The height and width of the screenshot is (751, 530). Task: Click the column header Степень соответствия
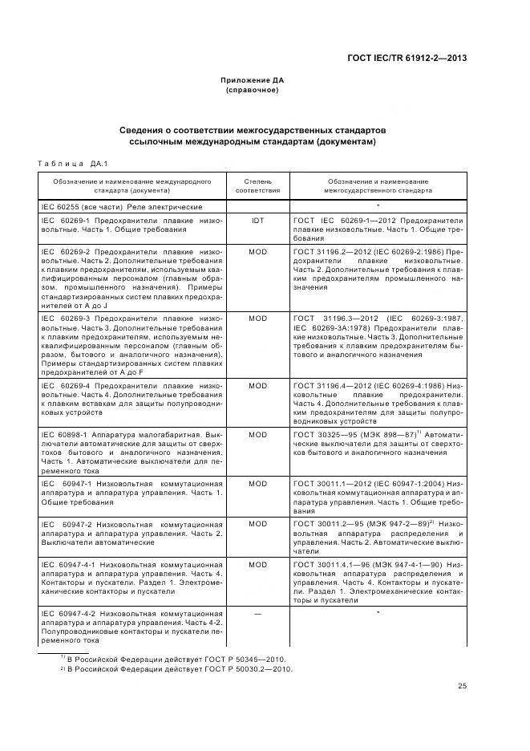[257, 186]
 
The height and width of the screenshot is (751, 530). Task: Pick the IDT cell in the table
[257, 220]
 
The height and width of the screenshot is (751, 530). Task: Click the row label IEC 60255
[61, 207]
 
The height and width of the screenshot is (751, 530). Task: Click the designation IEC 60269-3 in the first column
[64, 319]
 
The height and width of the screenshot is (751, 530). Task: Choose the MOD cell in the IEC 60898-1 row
[257, 434]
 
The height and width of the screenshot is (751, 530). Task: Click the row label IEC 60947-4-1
[68, 565]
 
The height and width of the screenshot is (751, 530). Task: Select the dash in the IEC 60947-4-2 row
[257, 614]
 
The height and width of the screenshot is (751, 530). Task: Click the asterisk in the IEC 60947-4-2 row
[378, 614]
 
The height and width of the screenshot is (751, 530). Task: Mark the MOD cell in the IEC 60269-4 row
[257, 386]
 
